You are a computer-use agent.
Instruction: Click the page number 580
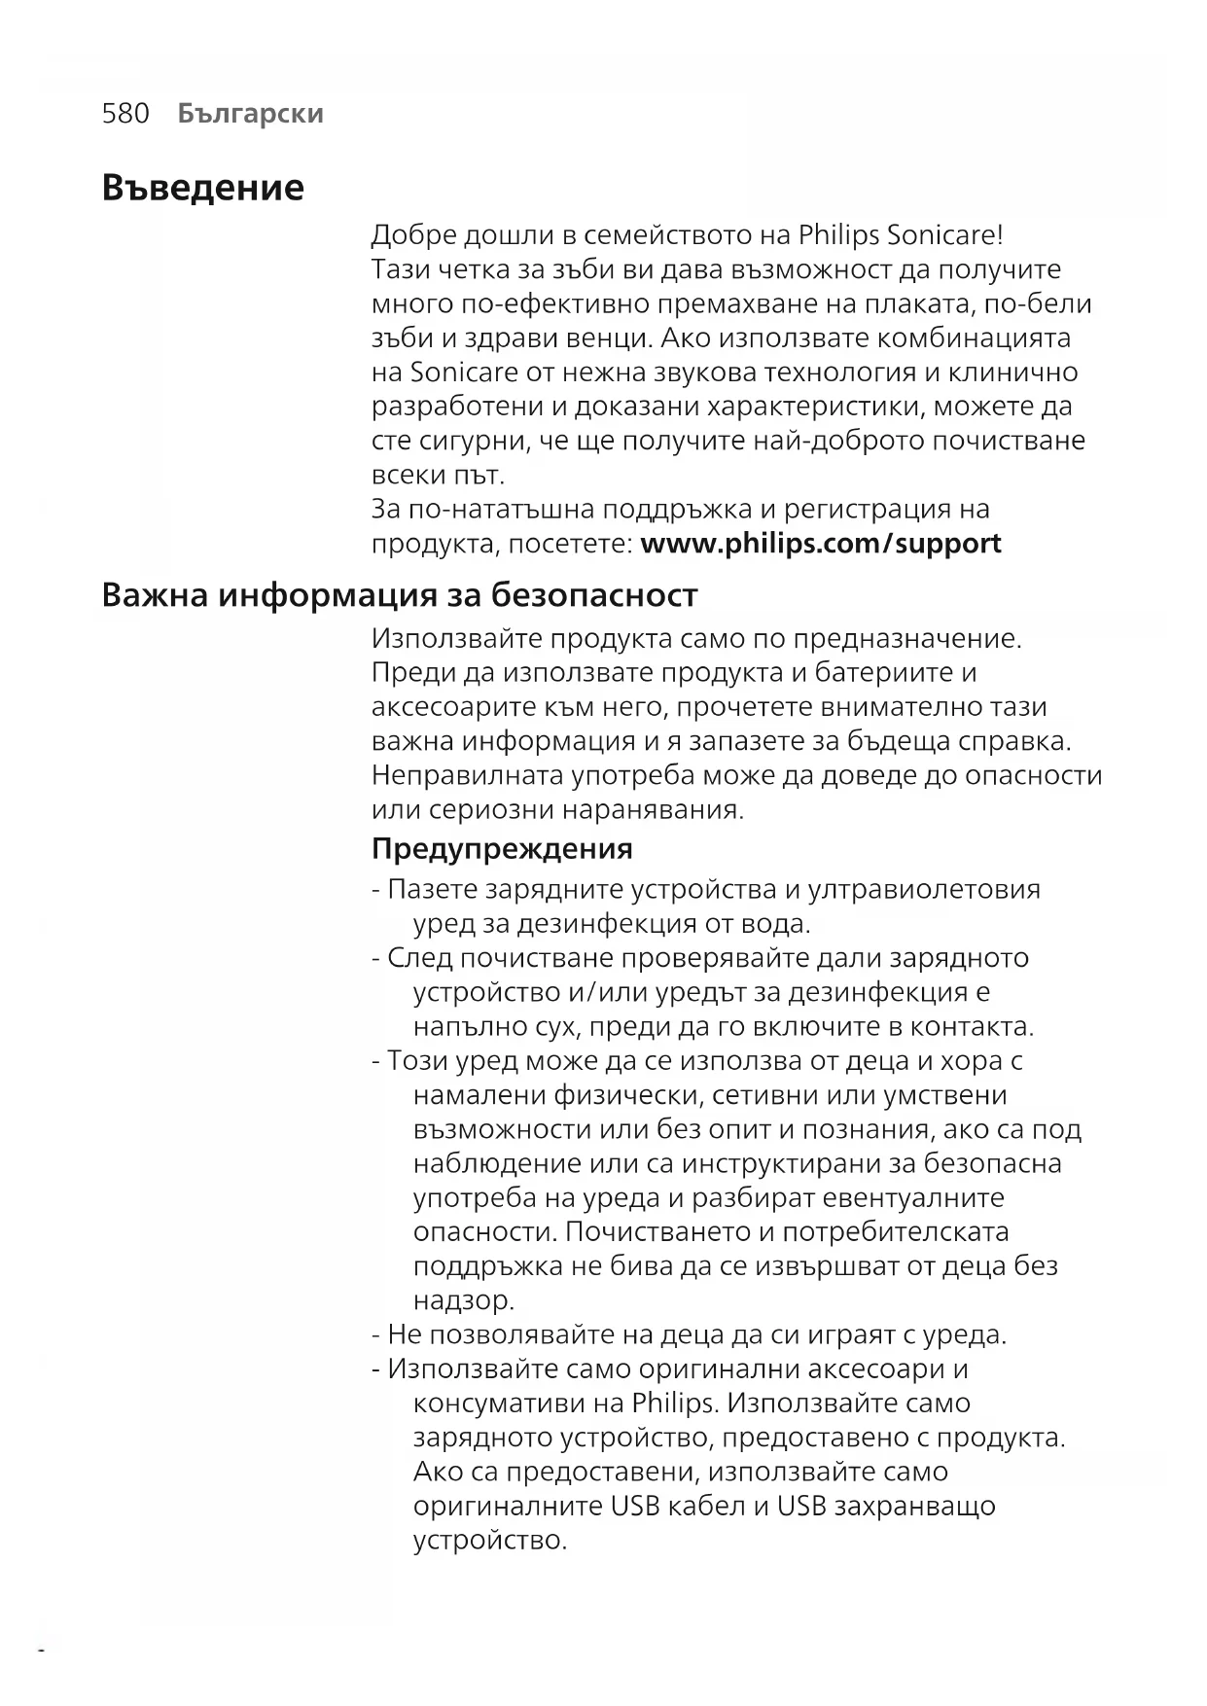click(125, 114)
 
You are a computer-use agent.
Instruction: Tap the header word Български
click(251, 114)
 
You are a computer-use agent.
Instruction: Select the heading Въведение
click(202, 187)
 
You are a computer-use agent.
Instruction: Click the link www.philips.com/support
click(821, 543)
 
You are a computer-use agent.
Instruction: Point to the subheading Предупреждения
click(502, 848)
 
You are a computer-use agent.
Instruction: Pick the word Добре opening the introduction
click(413, 235)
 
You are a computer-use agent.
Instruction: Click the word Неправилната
click(467, 775)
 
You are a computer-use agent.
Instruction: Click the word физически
click(628, 1095)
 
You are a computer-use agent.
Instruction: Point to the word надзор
click(463, 1300)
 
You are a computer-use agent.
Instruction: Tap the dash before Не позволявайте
click(375, 1334)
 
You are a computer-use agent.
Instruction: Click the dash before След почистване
click(375, 958)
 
